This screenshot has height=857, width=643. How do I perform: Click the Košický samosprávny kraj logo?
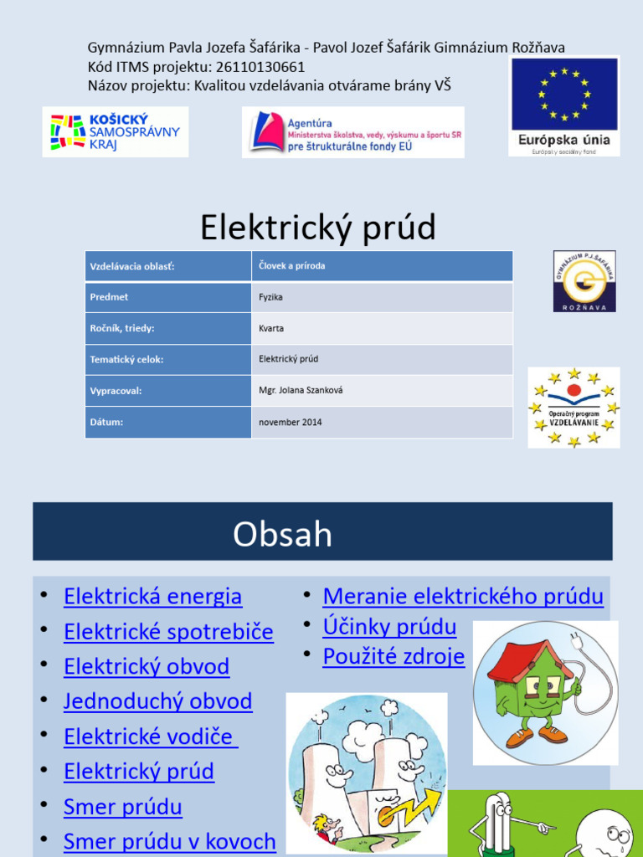[x=116, y=131]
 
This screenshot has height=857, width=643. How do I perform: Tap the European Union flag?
[x=564, y=94]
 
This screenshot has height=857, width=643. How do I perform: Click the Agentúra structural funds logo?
[x=352, y=131]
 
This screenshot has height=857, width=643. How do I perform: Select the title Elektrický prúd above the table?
[x=318, y=227]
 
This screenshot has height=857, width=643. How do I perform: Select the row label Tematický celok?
[x=126, y=359]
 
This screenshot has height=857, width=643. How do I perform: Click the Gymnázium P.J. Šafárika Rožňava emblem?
[x=584, y=281]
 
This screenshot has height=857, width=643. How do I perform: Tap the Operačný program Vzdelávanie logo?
[x=574, y=408]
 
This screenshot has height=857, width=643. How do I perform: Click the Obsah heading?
[x=283, y=534]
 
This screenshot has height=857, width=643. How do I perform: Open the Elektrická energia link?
[x=153, y=597]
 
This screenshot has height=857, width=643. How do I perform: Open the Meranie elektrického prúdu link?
[x=463, y=597]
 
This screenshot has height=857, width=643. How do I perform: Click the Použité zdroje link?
[x=394, y=657]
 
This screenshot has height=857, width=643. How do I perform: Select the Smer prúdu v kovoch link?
[x=170, y=841]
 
